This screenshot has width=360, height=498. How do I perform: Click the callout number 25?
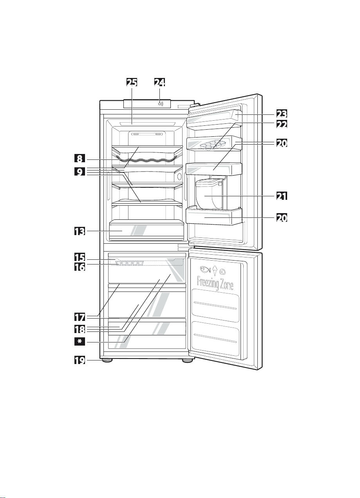132,82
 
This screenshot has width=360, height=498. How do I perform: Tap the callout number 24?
159,82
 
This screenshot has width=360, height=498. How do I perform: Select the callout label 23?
280,114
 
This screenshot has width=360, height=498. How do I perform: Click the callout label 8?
80,159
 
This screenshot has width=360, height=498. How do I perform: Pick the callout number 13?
80,231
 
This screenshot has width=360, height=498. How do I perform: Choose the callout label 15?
80,258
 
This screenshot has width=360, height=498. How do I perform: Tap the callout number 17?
80,316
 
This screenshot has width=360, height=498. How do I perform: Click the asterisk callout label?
80,342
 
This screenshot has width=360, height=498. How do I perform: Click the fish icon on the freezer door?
205,270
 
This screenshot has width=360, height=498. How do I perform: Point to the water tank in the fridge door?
208,194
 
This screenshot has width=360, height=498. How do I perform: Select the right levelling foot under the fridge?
186,360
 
